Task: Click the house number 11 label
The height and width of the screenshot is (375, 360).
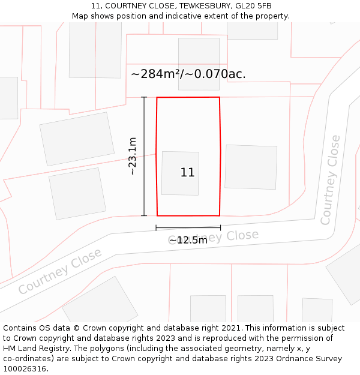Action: pyautogui.click(x=187, y=173)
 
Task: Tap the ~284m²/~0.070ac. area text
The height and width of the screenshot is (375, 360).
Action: pyautogui.click(x=188, y=74)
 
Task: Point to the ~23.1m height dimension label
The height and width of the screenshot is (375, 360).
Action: pyautogui.click(x=133, y=156)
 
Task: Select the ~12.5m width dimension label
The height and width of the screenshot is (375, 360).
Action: pyautogui.click(x=188, y=240)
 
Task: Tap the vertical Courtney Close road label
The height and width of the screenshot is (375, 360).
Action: pyautogui.click(x=331, y=180)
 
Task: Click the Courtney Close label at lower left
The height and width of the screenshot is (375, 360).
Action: pyautogui.click(x=59, y=272)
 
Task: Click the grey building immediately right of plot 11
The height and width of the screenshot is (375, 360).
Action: pyautogui.click(x=251, y=167)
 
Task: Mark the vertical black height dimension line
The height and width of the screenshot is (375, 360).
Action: pyautogui.click(x=144, y=156)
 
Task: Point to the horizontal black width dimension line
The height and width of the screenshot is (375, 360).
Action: pyautogui.click(x=188, y=227)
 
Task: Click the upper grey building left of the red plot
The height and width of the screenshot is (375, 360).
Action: pyautogui.click(x=77, y=139)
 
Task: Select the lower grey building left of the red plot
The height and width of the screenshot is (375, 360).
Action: pyautogui.click(x=77, y=193)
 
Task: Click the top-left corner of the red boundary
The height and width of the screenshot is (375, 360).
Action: pyautogui.click(x=157, y=98)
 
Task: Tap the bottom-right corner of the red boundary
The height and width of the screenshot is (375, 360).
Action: pyautogui.click(x=219, y=215)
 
